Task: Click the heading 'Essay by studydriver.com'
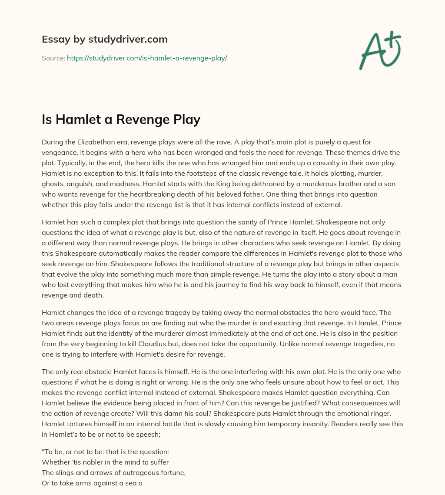coord(105,40)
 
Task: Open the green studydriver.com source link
coord(147,58)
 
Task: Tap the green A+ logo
coord(379,50)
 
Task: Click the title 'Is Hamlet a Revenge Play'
coord(121,119)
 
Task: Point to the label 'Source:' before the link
coord(53,58)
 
